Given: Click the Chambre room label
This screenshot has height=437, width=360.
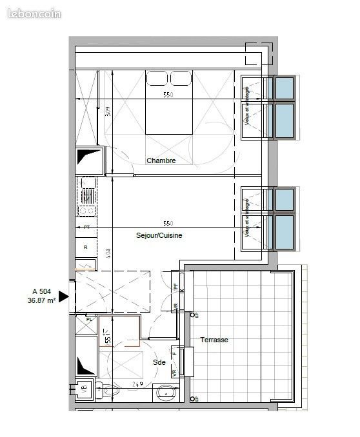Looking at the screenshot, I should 161,160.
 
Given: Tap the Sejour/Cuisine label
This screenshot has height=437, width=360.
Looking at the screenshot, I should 159,235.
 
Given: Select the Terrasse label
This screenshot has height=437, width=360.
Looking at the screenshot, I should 214,339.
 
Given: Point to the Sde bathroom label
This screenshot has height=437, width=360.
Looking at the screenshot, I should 159,362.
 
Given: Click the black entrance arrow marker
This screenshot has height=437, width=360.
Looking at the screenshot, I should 63,296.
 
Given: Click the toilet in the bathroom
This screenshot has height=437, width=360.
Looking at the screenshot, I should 111,389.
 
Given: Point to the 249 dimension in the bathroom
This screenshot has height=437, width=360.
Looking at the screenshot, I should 137,384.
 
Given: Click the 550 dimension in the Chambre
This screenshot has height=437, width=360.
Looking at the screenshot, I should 167,94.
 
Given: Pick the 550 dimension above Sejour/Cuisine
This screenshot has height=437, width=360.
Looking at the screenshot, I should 167,223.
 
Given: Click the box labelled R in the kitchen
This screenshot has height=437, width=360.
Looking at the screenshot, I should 86,247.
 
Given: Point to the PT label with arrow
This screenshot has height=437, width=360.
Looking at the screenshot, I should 86,228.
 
